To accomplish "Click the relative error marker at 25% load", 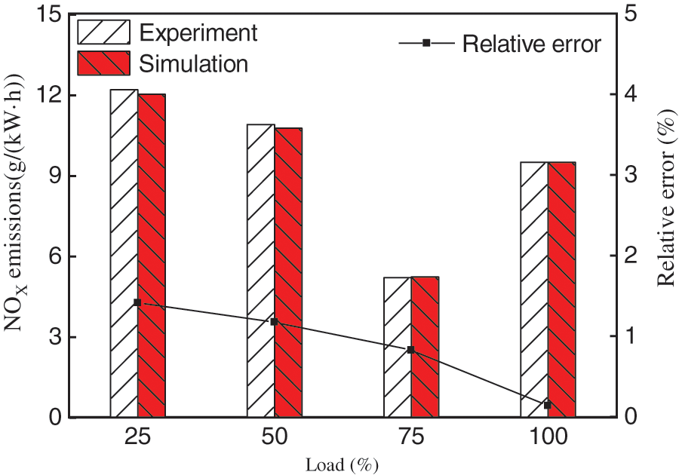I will tap(137, 302).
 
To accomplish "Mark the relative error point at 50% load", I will tap(275, 322).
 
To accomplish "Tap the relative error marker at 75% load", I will tap(411, 350).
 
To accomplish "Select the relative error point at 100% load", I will tap(548, 406).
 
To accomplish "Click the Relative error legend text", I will tap(531, 44).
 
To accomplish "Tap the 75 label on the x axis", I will tap(411, 439).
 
